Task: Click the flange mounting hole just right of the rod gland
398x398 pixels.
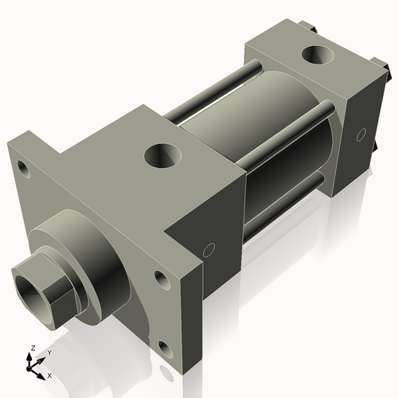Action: [162, 279]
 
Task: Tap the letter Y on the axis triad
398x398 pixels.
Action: [49, 352]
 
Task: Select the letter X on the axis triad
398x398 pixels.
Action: [50, 374]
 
